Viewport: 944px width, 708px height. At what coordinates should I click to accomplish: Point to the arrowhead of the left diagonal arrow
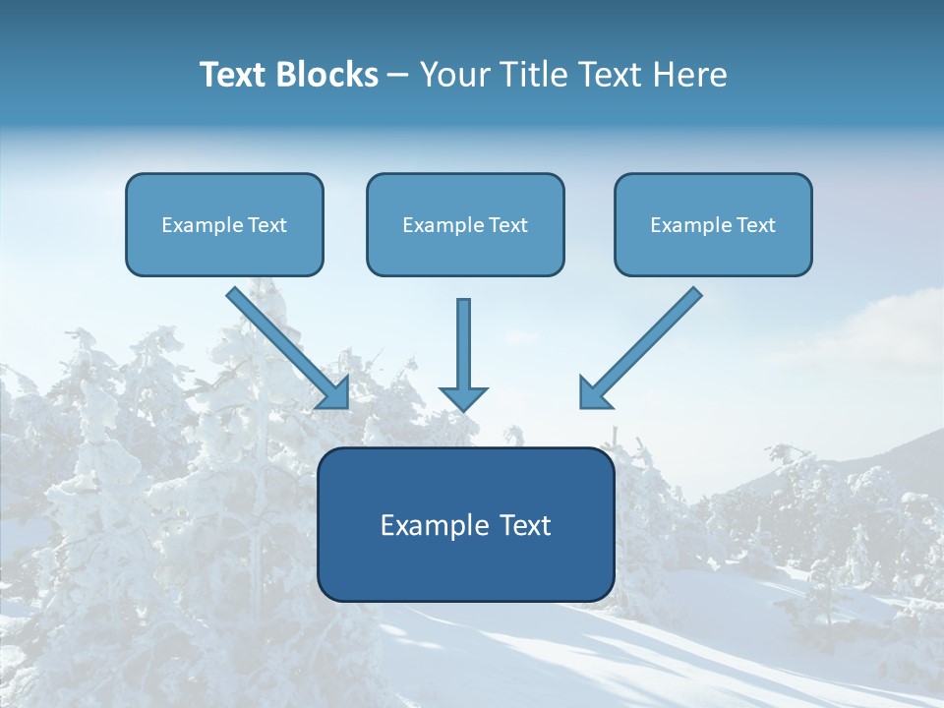click(336, 394)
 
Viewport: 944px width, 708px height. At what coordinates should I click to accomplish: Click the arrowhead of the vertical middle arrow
click(463, 398)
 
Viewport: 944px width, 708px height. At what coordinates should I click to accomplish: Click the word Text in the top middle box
click(508, 225)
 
